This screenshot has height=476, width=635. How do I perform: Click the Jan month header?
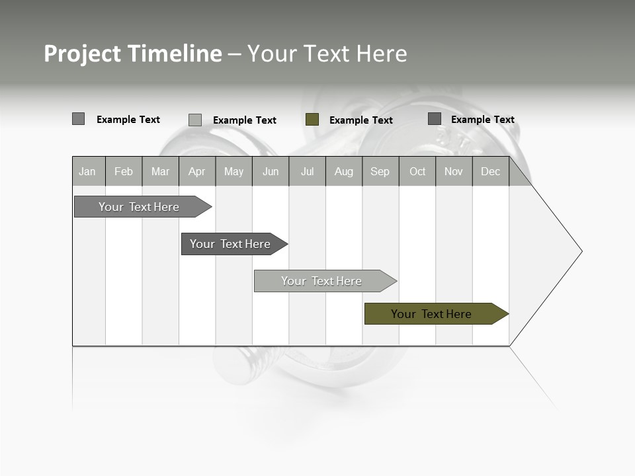87,172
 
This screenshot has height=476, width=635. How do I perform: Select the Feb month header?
124,172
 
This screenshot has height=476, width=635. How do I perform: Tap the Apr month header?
196,172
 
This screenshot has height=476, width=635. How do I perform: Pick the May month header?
233,172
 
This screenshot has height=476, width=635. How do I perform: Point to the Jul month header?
307,172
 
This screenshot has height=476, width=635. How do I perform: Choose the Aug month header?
344,172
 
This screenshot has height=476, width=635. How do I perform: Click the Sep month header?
380,172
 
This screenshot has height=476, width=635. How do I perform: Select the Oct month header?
417,172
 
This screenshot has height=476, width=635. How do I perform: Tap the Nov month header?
454,172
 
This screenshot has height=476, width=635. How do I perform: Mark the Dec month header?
491,172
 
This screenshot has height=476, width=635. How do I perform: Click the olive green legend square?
312,120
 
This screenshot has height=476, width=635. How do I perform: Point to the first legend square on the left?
78,119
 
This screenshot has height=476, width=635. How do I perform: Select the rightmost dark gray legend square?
434,119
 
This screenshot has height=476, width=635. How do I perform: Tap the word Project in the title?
82,54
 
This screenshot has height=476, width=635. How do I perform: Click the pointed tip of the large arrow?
580,251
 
